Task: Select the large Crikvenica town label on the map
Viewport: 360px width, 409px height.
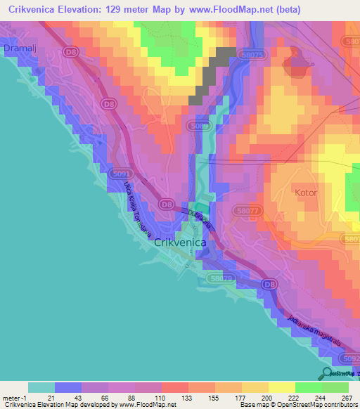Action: pyautogui.click(x=180, y=242)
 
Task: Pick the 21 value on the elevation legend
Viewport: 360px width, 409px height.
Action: pyautogui.click(x=40, y=397)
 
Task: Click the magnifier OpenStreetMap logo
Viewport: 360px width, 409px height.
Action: pyautogui.click(x=326, y=373)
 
